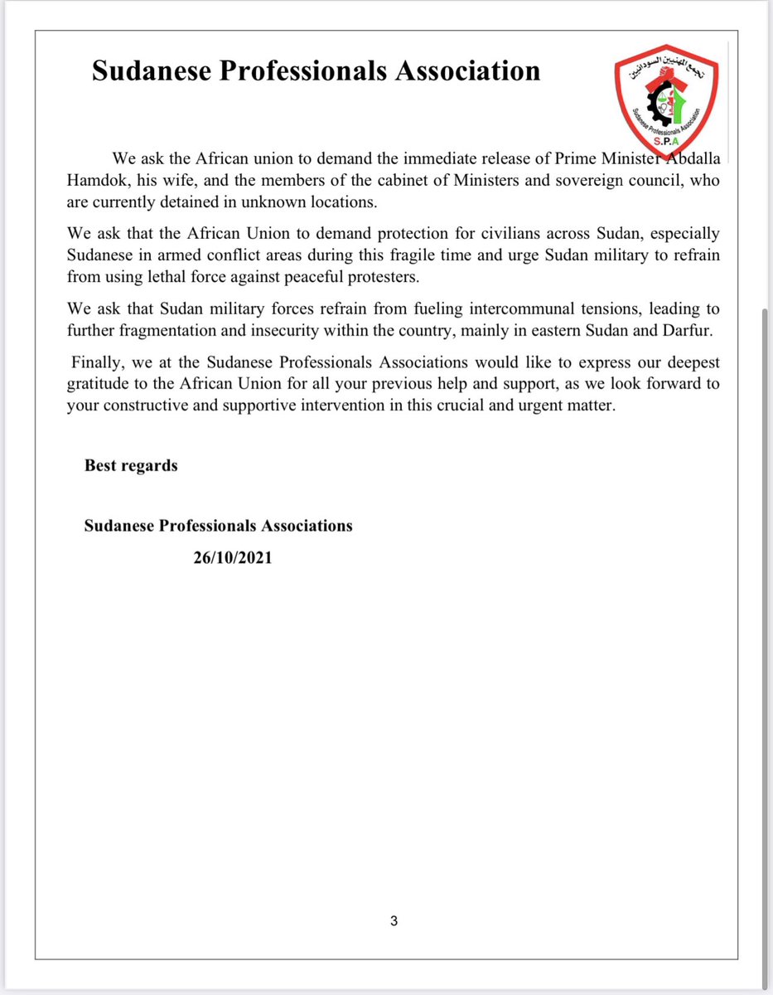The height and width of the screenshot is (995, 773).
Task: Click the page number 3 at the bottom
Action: point(394,921)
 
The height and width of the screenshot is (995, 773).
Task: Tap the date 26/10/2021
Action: point(233,559)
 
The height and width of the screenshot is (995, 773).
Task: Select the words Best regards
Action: point(131,465)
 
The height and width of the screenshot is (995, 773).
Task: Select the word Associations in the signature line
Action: point(307,526)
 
